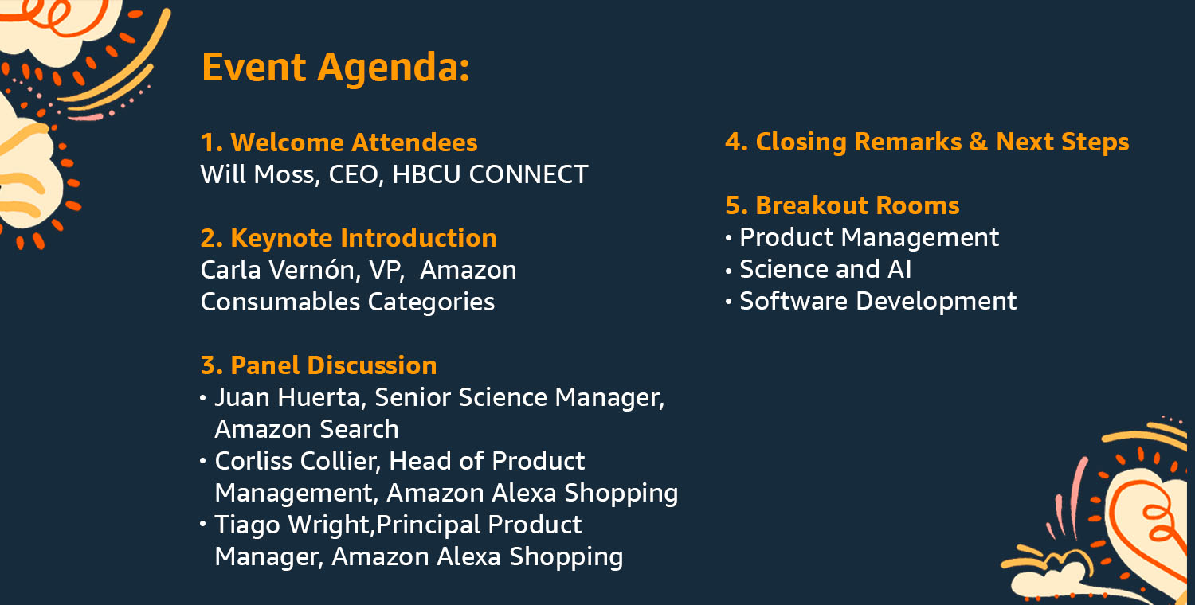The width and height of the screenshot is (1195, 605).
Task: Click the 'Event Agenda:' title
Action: [x=335, y=67]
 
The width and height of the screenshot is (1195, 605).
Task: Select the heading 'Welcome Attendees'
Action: [x=354, y=142]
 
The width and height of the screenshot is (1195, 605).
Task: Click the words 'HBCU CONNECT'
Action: [x=490, y=174]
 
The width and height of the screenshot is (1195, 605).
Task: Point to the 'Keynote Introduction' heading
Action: [x=363, y=238]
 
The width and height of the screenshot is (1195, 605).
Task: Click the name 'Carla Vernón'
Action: [x=277, y=270]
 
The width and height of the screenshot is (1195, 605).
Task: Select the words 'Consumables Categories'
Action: [x=348, y=302]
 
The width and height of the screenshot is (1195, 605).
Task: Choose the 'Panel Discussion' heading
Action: [x=334, y=365]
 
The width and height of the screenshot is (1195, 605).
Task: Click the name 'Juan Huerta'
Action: [x=287, y=397]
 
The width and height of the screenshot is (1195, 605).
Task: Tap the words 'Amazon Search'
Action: [x=307, y=429]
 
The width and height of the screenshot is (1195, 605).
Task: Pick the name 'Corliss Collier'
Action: [x=297, y=461]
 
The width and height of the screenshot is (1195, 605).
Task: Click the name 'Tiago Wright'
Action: [x=292, y=525]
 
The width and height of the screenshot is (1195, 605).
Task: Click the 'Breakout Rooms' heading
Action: [x=857, y=205]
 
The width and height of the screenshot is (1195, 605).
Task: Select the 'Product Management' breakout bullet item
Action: [x=869, y=238]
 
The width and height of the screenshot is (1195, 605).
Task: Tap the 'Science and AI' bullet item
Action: [x=825, y=269]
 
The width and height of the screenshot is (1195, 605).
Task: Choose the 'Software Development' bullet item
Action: [x=878, y=301]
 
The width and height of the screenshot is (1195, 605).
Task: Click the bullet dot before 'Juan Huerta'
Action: [x=202, y=398]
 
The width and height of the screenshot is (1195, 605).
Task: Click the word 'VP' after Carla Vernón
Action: [x=386, y=270]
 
